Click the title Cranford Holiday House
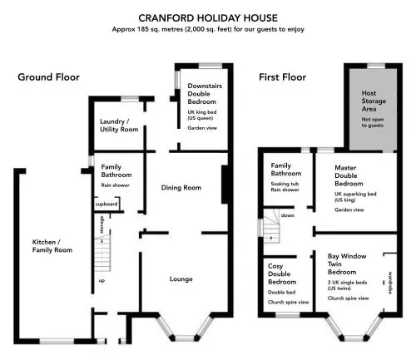208,18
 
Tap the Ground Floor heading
48,77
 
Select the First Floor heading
282,77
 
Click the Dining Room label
181,188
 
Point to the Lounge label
181,279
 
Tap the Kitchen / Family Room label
52,246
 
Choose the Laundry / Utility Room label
119,126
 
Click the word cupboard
106,205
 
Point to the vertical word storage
102,224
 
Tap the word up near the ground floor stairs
102,281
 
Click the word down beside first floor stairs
287,215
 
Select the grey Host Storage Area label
374,101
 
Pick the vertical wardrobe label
390,283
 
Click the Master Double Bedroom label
349,175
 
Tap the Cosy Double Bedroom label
282,274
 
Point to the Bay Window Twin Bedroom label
347,264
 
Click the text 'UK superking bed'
355,194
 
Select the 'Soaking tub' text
285,184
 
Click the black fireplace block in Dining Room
225,185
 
